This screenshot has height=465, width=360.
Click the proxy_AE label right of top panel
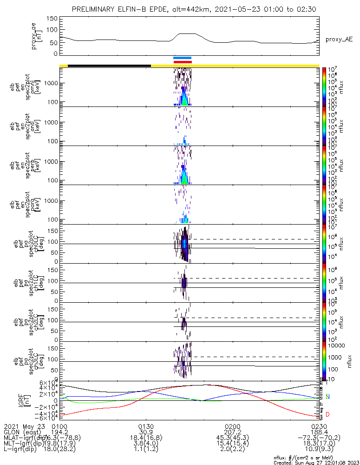[339, 40]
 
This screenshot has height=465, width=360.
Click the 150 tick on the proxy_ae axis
[52, 19]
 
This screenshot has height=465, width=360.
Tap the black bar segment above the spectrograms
[109, 66]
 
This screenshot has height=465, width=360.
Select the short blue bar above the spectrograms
[182, 58]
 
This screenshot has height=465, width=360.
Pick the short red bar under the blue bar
[182, 62]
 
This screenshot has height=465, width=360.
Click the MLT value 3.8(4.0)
[146, 445]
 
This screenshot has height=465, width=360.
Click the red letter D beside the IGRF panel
[327, 414]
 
